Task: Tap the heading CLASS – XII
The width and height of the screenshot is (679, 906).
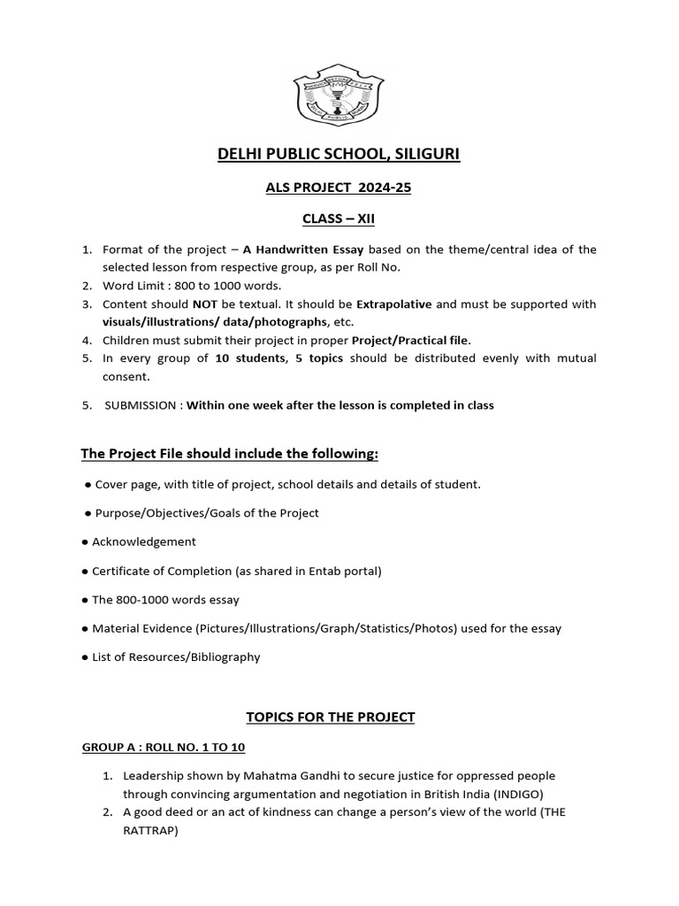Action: tap(339, 219)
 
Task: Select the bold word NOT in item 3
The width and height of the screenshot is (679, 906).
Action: tap(205, 303)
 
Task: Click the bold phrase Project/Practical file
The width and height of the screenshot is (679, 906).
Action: tap(411, 340)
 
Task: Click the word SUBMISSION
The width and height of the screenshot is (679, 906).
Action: tap(143, 405)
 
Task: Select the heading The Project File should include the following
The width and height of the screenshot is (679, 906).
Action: tap(230, 454)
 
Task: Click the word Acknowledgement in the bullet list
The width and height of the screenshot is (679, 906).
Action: tap(144, 541)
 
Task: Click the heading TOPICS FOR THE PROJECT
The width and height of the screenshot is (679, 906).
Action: tap(339, 717)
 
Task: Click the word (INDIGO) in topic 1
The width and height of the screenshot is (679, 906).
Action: tap(527, 794)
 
